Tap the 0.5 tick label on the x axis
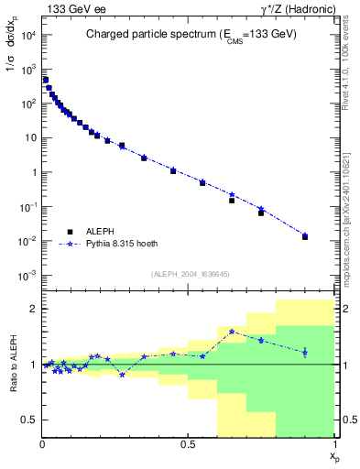(x=188, y=444)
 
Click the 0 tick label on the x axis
(x=42, y=444)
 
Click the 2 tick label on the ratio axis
(x=31, y=309)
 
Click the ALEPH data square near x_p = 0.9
(x=305, y=237)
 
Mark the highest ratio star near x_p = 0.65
(x=232, y=332)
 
